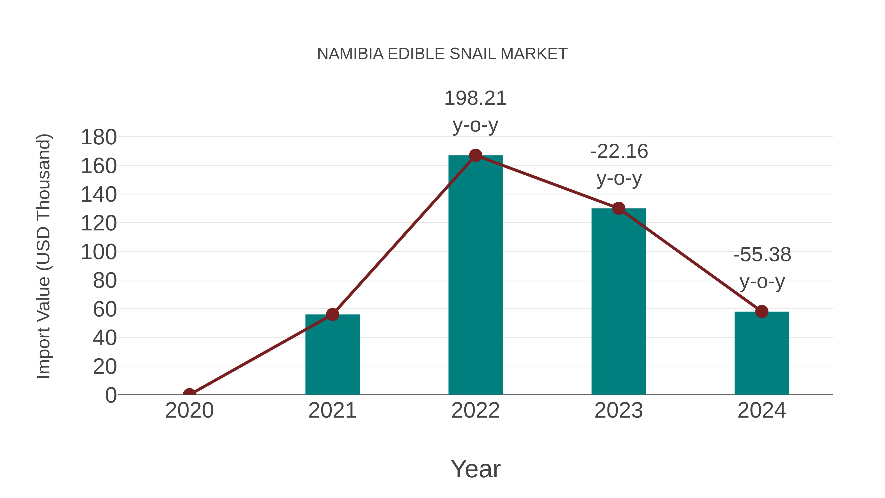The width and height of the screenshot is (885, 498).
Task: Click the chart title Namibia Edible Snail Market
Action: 442,54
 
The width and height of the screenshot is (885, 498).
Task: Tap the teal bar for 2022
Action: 475,275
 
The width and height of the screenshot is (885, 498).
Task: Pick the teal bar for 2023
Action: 619,302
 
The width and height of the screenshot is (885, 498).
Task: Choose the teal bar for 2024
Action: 762,354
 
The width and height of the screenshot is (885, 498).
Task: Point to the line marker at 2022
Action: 475,155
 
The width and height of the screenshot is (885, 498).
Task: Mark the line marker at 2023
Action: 619,208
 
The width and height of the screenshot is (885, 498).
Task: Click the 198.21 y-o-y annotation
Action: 475,111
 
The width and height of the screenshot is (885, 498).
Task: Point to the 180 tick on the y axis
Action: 99,137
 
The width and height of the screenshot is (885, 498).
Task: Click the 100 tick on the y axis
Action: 99,252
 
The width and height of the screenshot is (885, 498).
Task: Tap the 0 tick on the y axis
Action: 111,395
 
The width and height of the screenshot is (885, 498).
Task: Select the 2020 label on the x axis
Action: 189,410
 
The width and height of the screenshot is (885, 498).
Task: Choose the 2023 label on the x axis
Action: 619,410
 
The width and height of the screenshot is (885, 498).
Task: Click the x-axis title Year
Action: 475,469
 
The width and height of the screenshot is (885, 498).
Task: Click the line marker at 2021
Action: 332,314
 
